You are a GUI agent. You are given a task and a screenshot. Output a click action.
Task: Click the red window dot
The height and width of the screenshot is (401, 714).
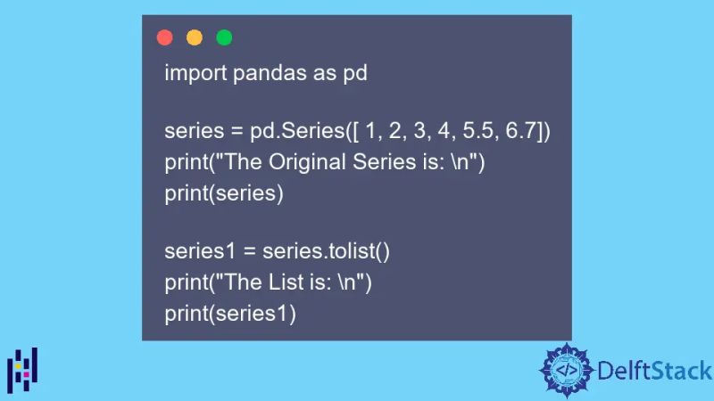pos(164,37)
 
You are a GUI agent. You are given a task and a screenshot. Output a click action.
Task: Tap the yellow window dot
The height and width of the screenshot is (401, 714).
pos(195,37)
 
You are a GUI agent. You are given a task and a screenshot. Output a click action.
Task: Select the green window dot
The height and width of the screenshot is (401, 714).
pos(224,37)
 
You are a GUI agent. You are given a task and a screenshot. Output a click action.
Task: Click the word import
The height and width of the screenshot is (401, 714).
pos(195,74)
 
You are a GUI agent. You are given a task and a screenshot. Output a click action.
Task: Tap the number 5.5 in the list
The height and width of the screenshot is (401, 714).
pos(483,132)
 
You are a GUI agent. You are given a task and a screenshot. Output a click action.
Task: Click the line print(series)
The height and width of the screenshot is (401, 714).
pos(223,193)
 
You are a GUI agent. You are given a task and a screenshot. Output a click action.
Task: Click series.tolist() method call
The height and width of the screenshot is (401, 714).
pos(326,251)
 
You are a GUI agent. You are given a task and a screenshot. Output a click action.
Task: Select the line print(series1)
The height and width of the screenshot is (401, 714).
pos(229,313)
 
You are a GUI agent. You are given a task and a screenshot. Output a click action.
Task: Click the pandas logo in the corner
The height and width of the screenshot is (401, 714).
pos(22,369)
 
